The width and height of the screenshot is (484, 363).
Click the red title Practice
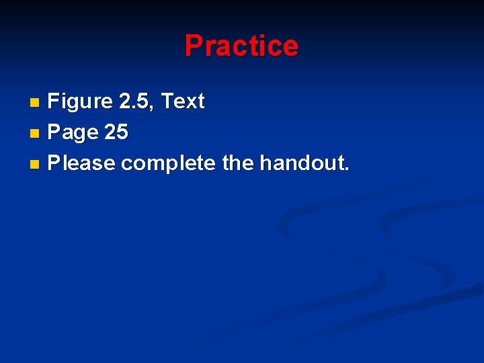[x=241, y=46]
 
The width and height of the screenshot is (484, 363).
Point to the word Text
[x=183, y=102]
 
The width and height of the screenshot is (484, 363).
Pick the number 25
[x=116, y=132]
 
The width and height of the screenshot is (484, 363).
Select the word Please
[x=82, y=163]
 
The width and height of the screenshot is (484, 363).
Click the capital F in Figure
[x=54, y=102]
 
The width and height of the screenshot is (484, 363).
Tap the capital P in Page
[x=54, y=132]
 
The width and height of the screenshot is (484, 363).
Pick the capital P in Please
[x=54, y=163]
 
